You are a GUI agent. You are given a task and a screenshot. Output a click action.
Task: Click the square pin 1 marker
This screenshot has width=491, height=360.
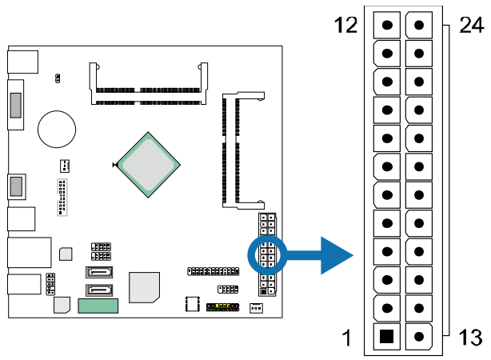tap(387, 336)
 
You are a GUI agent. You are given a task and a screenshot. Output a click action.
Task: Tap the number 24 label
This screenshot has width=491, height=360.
tap(471, 26)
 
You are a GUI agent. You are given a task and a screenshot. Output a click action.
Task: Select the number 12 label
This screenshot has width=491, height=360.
tap(345, 26)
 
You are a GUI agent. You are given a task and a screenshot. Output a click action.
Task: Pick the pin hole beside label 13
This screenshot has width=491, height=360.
tap(417, 336)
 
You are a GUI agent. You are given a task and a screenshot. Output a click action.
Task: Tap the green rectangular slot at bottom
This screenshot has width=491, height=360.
tap(98, 306)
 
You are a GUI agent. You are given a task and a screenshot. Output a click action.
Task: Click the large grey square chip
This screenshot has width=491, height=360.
tap(145, 287)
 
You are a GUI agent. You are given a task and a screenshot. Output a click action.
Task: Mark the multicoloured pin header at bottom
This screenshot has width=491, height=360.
tap(222, 306)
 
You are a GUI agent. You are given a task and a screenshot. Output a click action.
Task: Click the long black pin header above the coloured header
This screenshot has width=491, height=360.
tap(213, 271)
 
